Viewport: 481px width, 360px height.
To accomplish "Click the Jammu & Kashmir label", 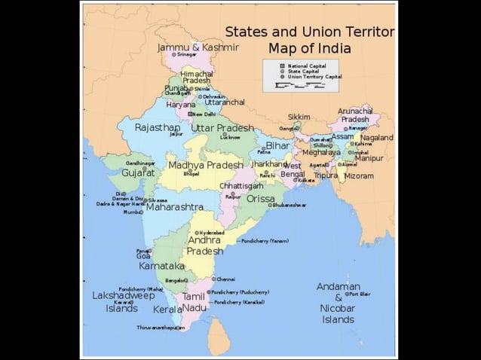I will point(198,47).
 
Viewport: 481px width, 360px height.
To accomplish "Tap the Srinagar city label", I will point(186,55).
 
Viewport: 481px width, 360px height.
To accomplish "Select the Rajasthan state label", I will point(157,127).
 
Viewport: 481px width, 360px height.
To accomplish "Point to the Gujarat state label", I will point(138,172).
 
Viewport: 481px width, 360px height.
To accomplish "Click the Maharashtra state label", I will point(174,206).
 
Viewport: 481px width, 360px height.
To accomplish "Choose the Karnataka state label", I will point(161,266).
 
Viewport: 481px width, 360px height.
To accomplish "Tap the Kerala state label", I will point(167,309).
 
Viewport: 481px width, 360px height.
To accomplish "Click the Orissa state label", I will point(261,199).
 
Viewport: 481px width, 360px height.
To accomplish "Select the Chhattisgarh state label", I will point(241,185).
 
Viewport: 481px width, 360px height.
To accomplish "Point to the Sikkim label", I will point(299,117).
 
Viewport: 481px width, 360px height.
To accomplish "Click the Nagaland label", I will point(376,138).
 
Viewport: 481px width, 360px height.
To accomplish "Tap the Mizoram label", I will point(359,175).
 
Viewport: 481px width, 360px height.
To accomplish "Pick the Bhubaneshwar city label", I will point(290,205).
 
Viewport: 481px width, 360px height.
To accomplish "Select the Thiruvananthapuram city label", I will point(160,328).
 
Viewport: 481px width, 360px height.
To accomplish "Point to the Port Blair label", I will point(360,294).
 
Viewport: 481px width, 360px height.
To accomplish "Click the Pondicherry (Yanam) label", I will point(265,241).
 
